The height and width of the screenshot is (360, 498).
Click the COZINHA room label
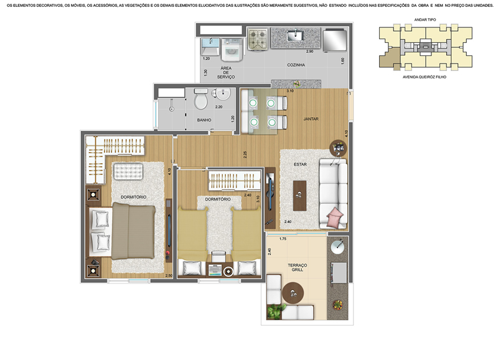click(296, 65)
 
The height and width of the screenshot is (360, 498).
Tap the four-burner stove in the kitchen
click(258, 40)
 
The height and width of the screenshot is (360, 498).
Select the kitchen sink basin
click(295, 36)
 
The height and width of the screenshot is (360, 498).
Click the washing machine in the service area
click(232, 50)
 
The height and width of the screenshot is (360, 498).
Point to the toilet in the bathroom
click(200, 99)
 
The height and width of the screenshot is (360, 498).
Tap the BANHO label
click(204, 120)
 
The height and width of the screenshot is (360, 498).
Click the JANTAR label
click(311, 119)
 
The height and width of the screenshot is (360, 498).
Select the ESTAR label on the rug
click(300, 164)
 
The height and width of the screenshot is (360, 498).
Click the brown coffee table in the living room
click(299, 196)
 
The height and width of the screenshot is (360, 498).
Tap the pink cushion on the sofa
click(335, 217)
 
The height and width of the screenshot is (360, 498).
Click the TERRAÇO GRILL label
click(298, 267)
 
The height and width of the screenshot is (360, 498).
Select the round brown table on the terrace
click(293, 293)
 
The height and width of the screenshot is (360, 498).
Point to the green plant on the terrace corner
click(275, 311)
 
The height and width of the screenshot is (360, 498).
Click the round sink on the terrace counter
click(337, 247)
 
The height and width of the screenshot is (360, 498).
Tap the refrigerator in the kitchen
click(335, 40)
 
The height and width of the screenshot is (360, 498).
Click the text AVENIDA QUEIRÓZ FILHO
click(425, 77)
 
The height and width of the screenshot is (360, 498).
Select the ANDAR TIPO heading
click(425, 20)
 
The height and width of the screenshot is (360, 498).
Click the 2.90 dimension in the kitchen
click(309, 52)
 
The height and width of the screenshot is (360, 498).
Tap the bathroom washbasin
click(222, 93)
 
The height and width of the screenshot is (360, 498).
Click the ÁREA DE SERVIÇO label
click(226, 72)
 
